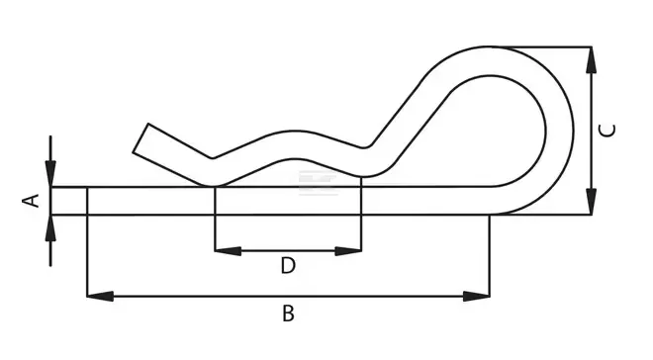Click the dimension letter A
(x=31, y=201)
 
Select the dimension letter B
(x=288, y=314)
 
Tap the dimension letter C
(x=606, y=131)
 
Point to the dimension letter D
(x=288, y=265)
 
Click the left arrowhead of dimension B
(x=100, y=297)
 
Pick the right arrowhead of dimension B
(x=477, y=297)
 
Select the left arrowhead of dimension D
(x=228, y=251)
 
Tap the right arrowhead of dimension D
(x=348, y=251)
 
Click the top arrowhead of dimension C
(x=591, y=60)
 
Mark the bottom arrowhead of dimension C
(x=591, y=202)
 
